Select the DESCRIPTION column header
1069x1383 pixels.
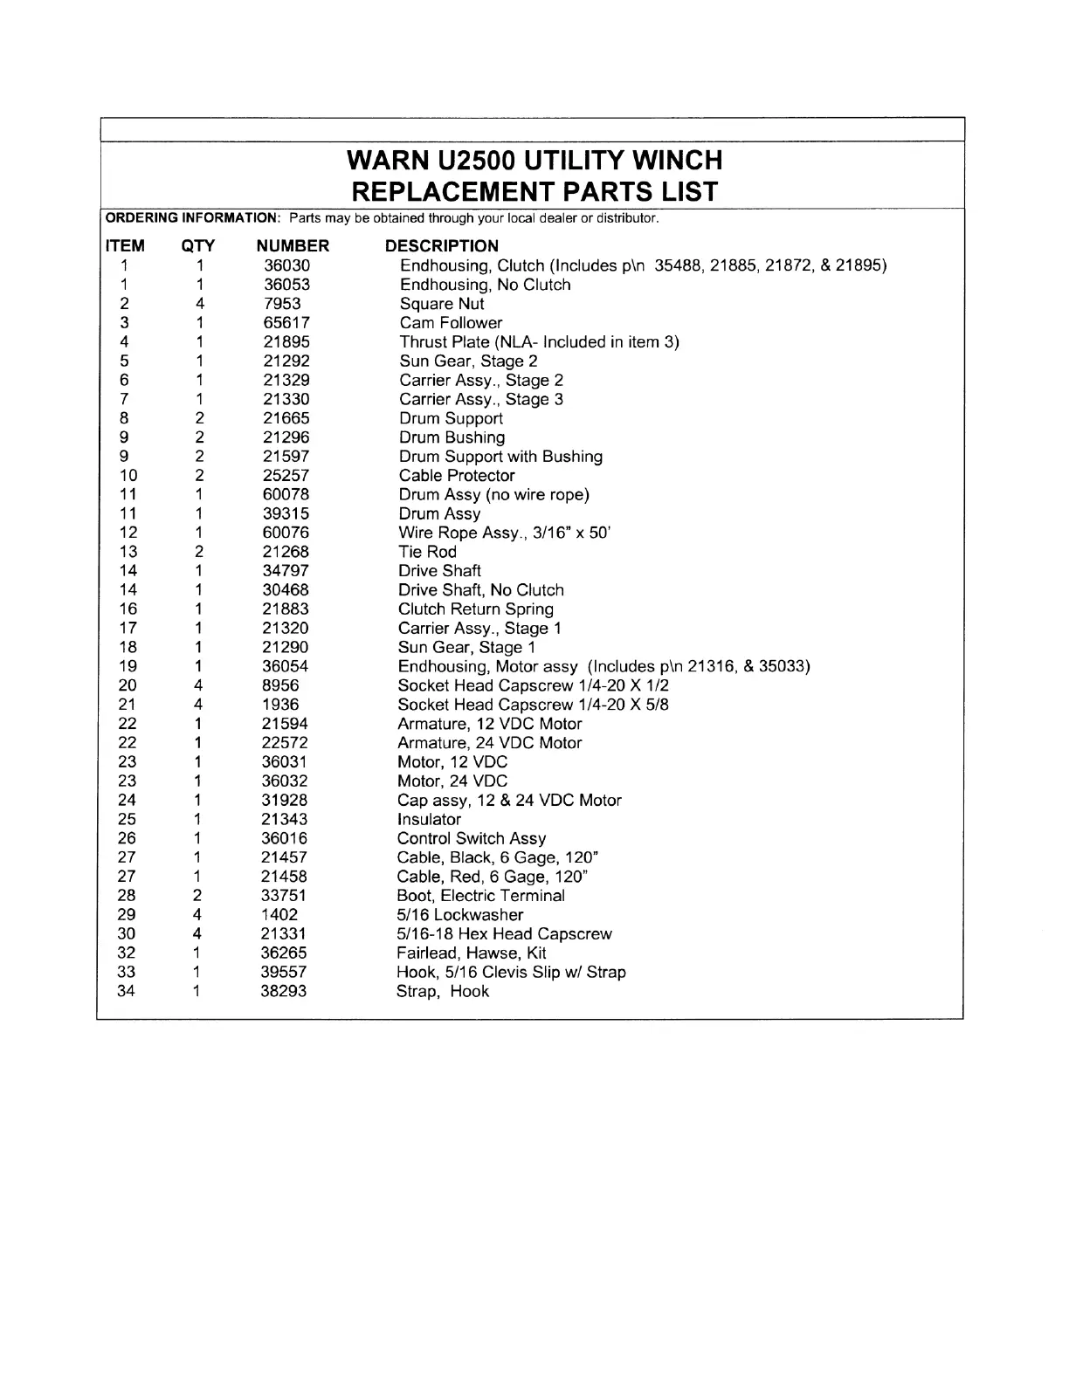442,246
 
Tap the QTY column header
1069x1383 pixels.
198,246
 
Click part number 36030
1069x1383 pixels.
286,265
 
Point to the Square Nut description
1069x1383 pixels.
442,304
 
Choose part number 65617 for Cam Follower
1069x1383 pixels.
286,323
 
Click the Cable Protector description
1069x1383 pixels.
457,476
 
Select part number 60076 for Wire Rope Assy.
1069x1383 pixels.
286,533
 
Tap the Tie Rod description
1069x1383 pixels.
427,552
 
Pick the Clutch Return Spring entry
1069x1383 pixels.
476,609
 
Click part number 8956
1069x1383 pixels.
280,685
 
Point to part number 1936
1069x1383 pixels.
279,705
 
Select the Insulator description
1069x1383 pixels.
429,820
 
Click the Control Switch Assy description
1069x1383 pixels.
472,839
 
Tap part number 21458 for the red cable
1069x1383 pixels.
284,877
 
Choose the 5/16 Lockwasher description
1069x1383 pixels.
459,915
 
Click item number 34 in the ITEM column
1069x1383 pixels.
127,991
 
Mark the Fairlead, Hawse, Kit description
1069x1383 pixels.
472,953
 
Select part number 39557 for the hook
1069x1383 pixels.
284,973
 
